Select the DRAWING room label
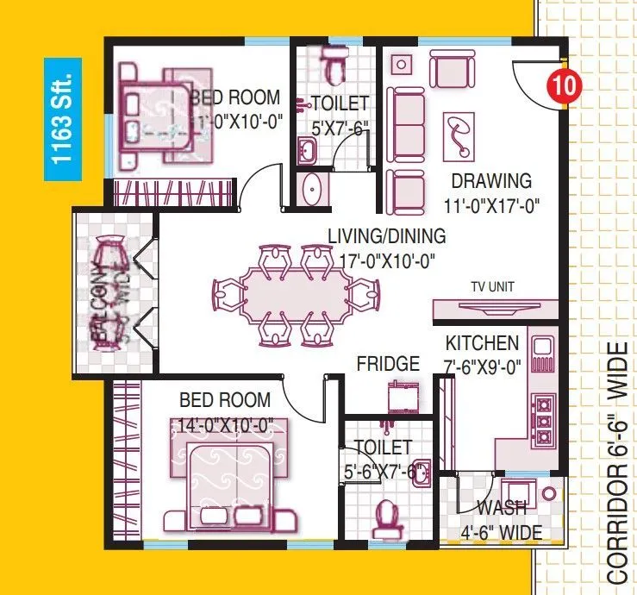491,181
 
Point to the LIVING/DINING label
386,235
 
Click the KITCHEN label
482,342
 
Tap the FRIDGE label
388,364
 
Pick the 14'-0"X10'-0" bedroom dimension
226,424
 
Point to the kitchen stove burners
544,420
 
